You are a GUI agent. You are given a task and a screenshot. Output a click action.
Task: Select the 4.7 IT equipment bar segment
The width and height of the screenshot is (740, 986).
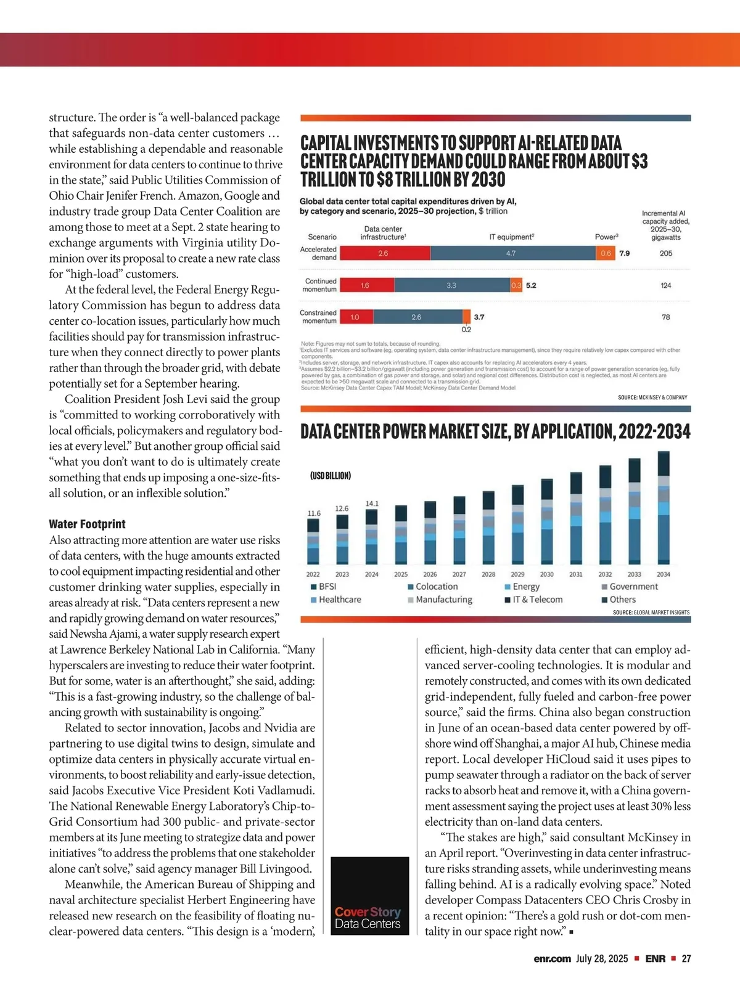pos(512,253)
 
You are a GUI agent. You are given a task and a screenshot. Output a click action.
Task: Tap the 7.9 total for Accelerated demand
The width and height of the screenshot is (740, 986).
pos(625,253)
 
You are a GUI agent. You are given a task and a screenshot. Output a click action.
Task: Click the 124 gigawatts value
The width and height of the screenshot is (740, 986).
pos(666,285)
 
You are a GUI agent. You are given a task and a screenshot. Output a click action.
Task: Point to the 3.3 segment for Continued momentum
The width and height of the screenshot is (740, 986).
pos(452,285)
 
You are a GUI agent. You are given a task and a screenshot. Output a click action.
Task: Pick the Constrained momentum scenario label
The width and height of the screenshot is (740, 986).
pos(318,317)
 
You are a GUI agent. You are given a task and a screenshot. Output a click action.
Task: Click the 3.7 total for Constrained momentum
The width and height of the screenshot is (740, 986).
pos(479,317)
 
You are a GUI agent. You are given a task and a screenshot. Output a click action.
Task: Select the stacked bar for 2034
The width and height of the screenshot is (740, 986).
pos(664,508)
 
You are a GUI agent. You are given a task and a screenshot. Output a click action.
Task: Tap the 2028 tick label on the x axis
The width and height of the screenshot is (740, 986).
pos(488,574)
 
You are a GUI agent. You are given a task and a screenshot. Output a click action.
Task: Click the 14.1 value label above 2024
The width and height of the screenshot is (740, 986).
pos(372,503)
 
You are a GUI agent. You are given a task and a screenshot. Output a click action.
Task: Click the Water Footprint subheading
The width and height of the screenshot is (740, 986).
pos(87,524)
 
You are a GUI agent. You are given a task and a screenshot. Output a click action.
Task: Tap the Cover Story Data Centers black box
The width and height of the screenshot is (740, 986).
pos(370,895)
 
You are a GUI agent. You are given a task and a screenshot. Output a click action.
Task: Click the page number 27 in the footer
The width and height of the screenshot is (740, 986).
pos(686,959)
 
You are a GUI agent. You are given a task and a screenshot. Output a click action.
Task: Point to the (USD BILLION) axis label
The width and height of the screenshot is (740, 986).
pos(331,476)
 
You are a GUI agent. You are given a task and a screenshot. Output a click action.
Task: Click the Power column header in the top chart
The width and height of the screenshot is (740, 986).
pos(606,237)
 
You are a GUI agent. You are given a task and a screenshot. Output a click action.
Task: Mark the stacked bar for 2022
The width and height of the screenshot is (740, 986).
pos(313,542)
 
